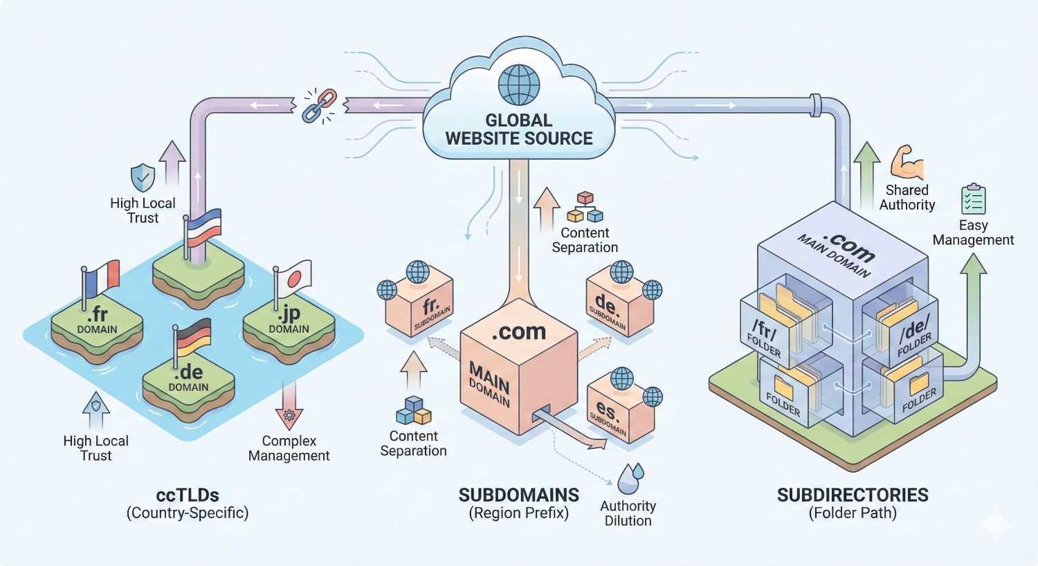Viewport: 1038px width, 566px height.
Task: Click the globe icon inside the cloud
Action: point(518,84)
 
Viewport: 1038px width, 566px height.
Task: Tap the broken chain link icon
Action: point(320,105)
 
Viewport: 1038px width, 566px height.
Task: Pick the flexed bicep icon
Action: point(907,163)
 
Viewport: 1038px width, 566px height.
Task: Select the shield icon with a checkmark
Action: point(143,177)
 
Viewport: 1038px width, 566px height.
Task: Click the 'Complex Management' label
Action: point(289,448)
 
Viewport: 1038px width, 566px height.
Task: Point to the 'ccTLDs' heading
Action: point(188,495)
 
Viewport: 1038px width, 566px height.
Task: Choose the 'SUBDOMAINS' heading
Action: point(518,495)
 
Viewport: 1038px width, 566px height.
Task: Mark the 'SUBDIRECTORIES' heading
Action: point(853,495)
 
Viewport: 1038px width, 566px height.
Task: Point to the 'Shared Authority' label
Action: point(907,197)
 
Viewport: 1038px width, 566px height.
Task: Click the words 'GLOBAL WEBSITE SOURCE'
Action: point(518,129)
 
